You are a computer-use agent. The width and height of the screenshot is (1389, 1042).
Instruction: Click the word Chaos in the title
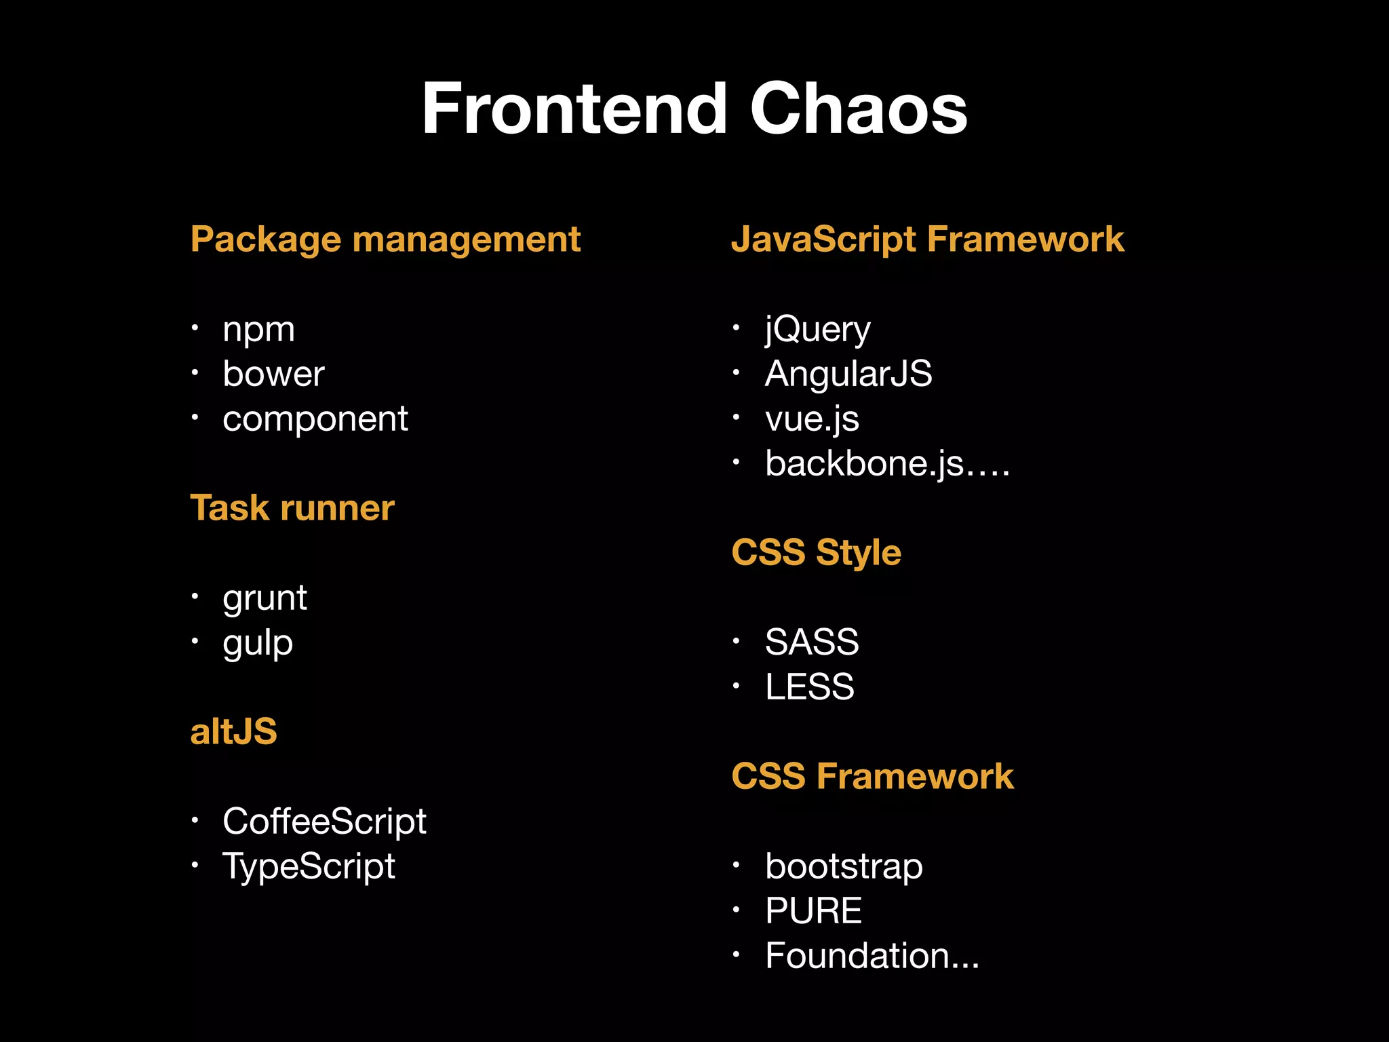pyautogui.click(x=859, y=109)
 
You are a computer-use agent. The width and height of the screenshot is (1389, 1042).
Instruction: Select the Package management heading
pyautogui.click(x=385, y=239)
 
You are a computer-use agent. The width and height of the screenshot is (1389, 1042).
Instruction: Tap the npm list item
pyautogui.click(x=258, y=330)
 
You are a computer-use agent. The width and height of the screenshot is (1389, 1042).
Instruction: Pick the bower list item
pyautogui.click(x=273, y=374)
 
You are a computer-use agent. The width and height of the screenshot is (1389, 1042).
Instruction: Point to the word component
pyautogui.click(x=315, y=419)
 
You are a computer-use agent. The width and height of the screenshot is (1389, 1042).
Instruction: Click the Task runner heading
pyautogui.click(x=292, y=507)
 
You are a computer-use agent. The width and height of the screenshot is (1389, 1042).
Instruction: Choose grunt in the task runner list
pyautogui.click(x=265, y=598)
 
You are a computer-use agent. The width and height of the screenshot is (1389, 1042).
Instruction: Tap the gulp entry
pyautogui.click(x=258, y=643)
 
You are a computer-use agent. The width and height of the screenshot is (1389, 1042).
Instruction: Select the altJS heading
pyautogui.click(x=233, y=732)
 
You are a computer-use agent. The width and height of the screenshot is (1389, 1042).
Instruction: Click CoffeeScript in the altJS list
pyautogui.click(x=324, y=822)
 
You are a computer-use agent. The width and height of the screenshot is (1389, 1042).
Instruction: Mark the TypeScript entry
pyautogui.click(x=309, y=866)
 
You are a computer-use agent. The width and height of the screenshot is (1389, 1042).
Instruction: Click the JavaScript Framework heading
pyautogui.click(x=927, y=239)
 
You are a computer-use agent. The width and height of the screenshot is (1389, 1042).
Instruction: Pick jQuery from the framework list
pyautogui.click(x=817, y=330)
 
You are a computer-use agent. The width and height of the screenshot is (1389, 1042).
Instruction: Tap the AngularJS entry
pyautogui.click(x=848, y=374)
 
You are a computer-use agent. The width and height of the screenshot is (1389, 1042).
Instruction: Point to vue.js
pyautogui.click(x=812, y=419)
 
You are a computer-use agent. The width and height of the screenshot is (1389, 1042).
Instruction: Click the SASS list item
pyautogui.click(x=812, y=642)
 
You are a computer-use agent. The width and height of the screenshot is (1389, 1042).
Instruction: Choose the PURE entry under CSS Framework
pyautogui.click(x=813, y=910)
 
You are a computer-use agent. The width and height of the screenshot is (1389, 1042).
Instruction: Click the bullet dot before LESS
pyautogui.click(x=736, y=685)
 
